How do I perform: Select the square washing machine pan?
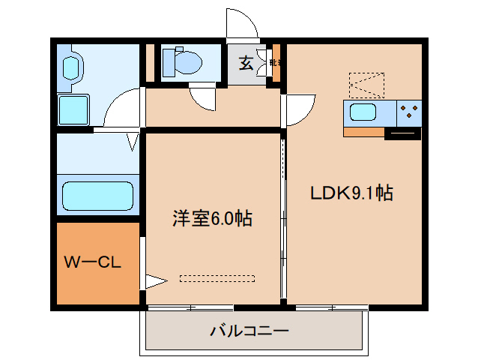pos(73,109)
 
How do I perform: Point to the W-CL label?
pos(92,262)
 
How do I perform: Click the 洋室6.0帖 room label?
pos(211,219)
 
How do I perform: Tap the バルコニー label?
pos(249,331)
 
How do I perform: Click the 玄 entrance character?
pos(246,63)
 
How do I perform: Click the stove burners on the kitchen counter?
pos(409,113)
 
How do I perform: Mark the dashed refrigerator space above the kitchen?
pos(366,85)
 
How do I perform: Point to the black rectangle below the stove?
pos(402,135)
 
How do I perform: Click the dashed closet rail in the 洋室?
pos(217,278)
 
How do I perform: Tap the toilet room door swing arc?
pos(202,98)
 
